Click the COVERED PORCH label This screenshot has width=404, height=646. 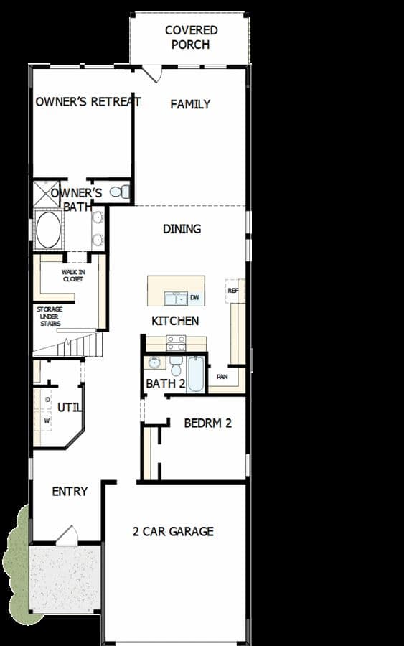[x=191, y=37]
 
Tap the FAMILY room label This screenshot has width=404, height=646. [x=190, y=104]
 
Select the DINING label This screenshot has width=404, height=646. [x=182, y=229]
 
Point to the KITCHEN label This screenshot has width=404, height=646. [x=175, y=321]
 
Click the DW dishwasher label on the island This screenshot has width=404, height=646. [x=194, y=297]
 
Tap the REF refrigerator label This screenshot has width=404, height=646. [x=233, y=291]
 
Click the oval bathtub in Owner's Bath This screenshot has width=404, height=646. [x=48, y=230]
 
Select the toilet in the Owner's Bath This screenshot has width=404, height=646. [x=120, y=192]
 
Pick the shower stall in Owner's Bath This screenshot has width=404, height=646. [x=46, y=193]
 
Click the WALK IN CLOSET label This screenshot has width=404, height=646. [x=73, y=275]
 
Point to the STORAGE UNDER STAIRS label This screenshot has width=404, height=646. [x=50, y=317]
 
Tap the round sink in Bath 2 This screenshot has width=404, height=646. [x=155, y=363]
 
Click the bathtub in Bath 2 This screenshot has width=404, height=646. [x=196, y=375]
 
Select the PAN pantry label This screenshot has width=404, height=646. [x=222, y=377]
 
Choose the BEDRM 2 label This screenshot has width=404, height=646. [x=207, y=423]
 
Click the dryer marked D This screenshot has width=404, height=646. [x=47, y=400]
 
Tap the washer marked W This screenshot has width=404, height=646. [x=47, y=421]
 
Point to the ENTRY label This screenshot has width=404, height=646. [x=70, y=491]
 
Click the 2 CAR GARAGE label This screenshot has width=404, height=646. [x=173, y=531]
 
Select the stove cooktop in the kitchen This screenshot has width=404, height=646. [x=176, y=343]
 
